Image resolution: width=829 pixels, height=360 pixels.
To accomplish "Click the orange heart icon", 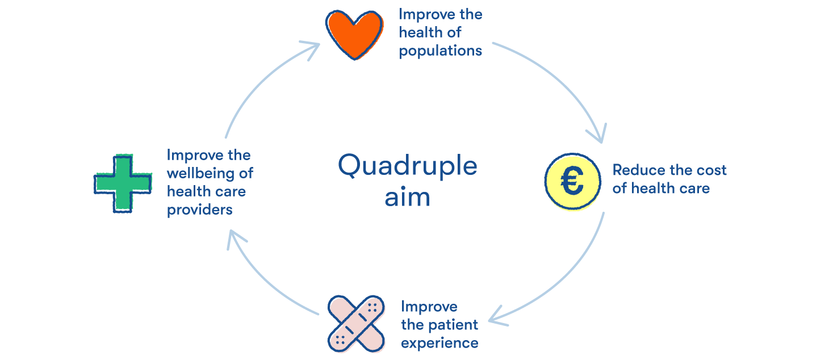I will [x=353, y=34].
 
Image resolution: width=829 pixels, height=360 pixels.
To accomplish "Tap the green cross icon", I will [x=123, y=183].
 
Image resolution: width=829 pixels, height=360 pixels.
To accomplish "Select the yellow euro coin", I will [x=572, y=182].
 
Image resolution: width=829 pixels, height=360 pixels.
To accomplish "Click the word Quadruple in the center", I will [x=407, y=166].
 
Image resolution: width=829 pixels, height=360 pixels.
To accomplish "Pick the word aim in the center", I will [x=407, y=198].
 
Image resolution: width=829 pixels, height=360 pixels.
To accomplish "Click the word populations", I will [x=440, y=51].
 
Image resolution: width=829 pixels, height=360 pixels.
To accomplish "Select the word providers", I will [x=199, y=210].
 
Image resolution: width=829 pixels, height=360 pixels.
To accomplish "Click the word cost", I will [x=712, y=170].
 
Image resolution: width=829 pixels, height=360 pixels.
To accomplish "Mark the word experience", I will [x=439, y=343].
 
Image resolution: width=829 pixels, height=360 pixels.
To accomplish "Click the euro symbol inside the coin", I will [x=572, y=182].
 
